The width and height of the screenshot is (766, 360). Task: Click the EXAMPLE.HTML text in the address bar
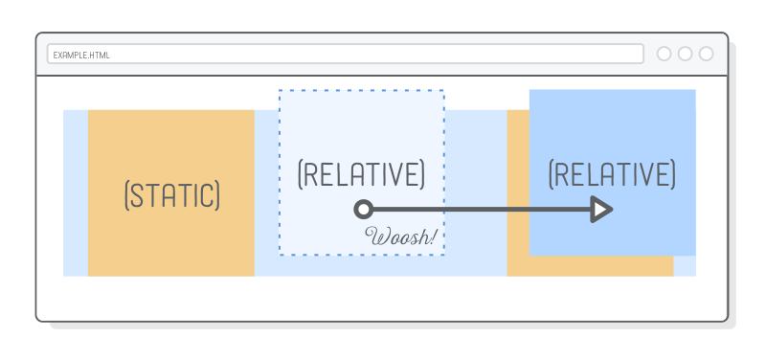pyautogui.click(x=81, y=55)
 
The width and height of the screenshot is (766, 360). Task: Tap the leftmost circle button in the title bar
pyautogui.click(x=664, y=54)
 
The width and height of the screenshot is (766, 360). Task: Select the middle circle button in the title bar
pyautogui.click(x=685, y=54)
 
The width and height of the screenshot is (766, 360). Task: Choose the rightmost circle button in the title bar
pyautogui.click(x=706, y=54)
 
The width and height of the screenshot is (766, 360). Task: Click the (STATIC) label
pyautogui.click(x=172, y=194)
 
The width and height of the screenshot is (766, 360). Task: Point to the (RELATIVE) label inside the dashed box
pyautogui.click(x=361, y=174)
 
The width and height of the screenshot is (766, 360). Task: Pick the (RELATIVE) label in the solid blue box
pyautogui.click(x=612, y=174)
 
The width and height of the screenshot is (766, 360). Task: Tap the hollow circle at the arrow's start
pyautogui.click(x=363, y=209)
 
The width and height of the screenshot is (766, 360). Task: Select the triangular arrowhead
pyautogui.click(x=601, y=209)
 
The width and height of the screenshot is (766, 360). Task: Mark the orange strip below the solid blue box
pyautogui.click(x=589, y=266)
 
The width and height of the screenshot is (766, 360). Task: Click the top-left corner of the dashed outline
pyautogui.click(x=280, y=91)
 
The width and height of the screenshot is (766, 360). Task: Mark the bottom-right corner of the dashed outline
pyautogui.click(x=443, y=255)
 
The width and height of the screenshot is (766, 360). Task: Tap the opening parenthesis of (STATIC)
pyautogui.click(x=127, y=194)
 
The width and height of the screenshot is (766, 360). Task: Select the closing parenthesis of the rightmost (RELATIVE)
pyautogui.click(x=673, y=174)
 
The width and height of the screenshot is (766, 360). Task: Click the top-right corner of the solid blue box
pyautogui.click(x=694, y=91)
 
